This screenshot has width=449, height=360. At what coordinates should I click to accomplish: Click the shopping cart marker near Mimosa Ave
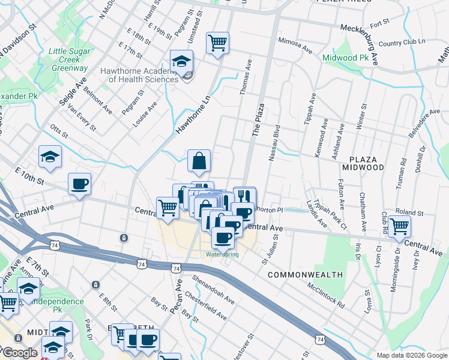(217, 43)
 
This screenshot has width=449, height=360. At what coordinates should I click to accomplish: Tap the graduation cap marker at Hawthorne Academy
(181, 61)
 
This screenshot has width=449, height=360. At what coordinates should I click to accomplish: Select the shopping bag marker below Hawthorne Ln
(199, 161)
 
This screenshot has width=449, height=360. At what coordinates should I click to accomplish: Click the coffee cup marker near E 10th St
(79, 184)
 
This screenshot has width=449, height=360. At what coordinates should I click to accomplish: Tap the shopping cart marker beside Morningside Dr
(399, 227)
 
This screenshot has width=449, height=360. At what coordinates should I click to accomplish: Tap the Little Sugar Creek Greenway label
(68, 60)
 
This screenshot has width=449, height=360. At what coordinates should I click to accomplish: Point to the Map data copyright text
(412, 355)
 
